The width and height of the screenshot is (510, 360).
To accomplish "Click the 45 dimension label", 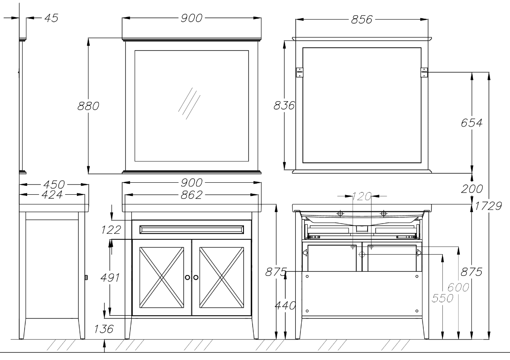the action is click(51, 18).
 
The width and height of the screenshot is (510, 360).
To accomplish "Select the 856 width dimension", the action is click(362, 20).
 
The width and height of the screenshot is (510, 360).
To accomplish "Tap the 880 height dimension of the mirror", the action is click(88, 106).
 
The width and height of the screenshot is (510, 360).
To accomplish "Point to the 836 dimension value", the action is click(284, 106).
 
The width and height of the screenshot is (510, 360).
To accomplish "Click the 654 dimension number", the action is click(471, 123).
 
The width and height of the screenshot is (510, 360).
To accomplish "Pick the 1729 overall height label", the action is click(488, 206).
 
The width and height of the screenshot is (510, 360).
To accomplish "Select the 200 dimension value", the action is click(472, 189).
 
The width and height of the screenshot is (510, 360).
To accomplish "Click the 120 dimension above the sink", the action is click(362, 196).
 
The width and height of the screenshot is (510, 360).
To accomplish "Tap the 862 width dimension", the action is click(192, 195).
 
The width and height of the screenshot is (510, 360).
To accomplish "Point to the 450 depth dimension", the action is click(54, 184).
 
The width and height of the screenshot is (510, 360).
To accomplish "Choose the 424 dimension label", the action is click(52, 195).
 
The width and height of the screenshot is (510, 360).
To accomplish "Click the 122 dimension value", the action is click(111, 230).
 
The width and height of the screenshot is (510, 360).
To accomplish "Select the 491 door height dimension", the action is click(110, 278).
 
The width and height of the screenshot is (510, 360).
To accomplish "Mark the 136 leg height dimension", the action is click(104, 329).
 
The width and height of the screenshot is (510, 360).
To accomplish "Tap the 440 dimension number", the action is click(285, 306).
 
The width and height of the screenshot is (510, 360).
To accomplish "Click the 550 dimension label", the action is click(442, 298).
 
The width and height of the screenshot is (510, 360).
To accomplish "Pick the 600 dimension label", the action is click(458, 287).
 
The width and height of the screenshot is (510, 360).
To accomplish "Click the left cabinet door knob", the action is click(187, 278).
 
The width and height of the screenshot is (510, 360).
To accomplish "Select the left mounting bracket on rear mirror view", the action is click(299, 72).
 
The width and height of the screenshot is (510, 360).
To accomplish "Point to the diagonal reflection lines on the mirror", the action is click(189, 103).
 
